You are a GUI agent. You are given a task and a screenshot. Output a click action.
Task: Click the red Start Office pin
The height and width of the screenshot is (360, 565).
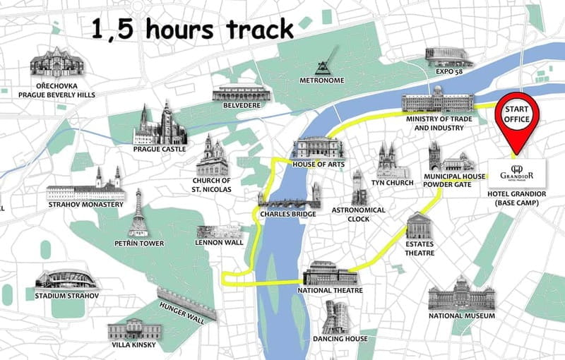pos(516,117)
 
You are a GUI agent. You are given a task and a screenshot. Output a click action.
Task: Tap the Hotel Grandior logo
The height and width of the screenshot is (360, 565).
pos(516,172)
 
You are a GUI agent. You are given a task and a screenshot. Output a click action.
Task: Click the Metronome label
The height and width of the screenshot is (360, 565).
pos(322,80)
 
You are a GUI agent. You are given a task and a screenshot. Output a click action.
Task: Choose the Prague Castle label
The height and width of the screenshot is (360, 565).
pos(160,149)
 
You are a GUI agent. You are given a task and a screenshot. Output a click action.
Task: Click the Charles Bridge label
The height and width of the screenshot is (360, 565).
pos(287,214)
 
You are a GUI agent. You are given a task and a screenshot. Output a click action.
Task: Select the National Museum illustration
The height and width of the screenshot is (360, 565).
pos(461,297)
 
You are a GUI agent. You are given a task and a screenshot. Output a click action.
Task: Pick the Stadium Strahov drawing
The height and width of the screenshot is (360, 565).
pos(66,279)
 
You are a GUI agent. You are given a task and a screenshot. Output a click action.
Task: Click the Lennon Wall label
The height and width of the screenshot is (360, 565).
pos(219,243)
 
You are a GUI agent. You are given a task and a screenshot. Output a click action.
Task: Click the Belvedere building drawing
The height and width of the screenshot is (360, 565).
pos(241,93)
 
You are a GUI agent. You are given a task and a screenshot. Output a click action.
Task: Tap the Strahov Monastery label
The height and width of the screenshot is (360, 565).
pos(85,205)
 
